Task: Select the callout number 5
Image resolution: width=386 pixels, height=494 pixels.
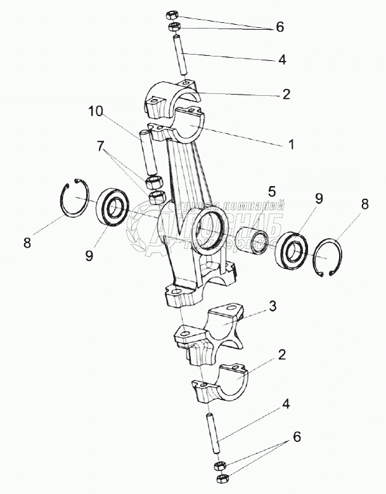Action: pos(272,191)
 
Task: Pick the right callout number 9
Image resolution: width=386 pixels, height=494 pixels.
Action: pos(318,199)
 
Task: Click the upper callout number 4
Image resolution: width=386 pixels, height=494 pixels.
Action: pos(282,60)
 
